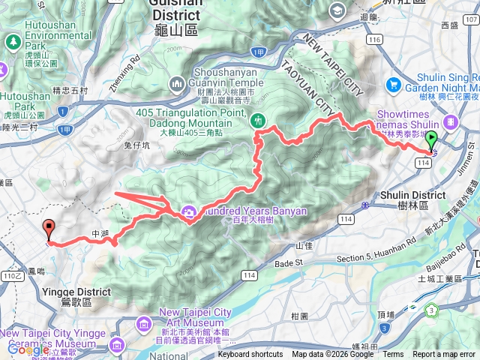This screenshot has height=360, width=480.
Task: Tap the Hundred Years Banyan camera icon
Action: tap(187, 211)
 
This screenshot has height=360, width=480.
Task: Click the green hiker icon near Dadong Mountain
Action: tap(259, 119)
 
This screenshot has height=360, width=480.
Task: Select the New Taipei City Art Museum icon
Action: tap(144, 324)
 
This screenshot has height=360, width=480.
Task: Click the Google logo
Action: tap(28, 349)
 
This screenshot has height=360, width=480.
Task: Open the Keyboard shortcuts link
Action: tap(250, 355)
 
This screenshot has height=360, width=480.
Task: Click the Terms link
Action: tap(393, 355)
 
